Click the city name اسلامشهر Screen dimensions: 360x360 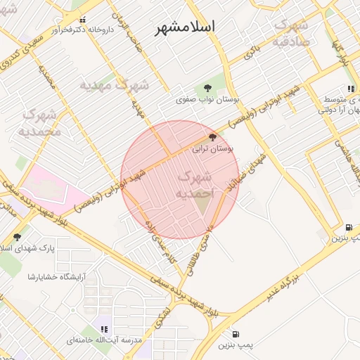[x=185, y=27]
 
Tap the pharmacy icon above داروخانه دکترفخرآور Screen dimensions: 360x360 [x=84, y=20]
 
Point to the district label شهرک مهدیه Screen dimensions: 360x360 [x=114, y=85]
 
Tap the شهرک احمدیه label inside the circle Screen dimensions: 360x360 [x=194, y=184]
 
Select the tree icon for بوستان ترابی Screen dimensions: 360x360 [x=213, y=138]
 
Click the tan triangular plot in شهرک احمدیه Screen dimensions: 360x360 [x=203, y=204]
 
